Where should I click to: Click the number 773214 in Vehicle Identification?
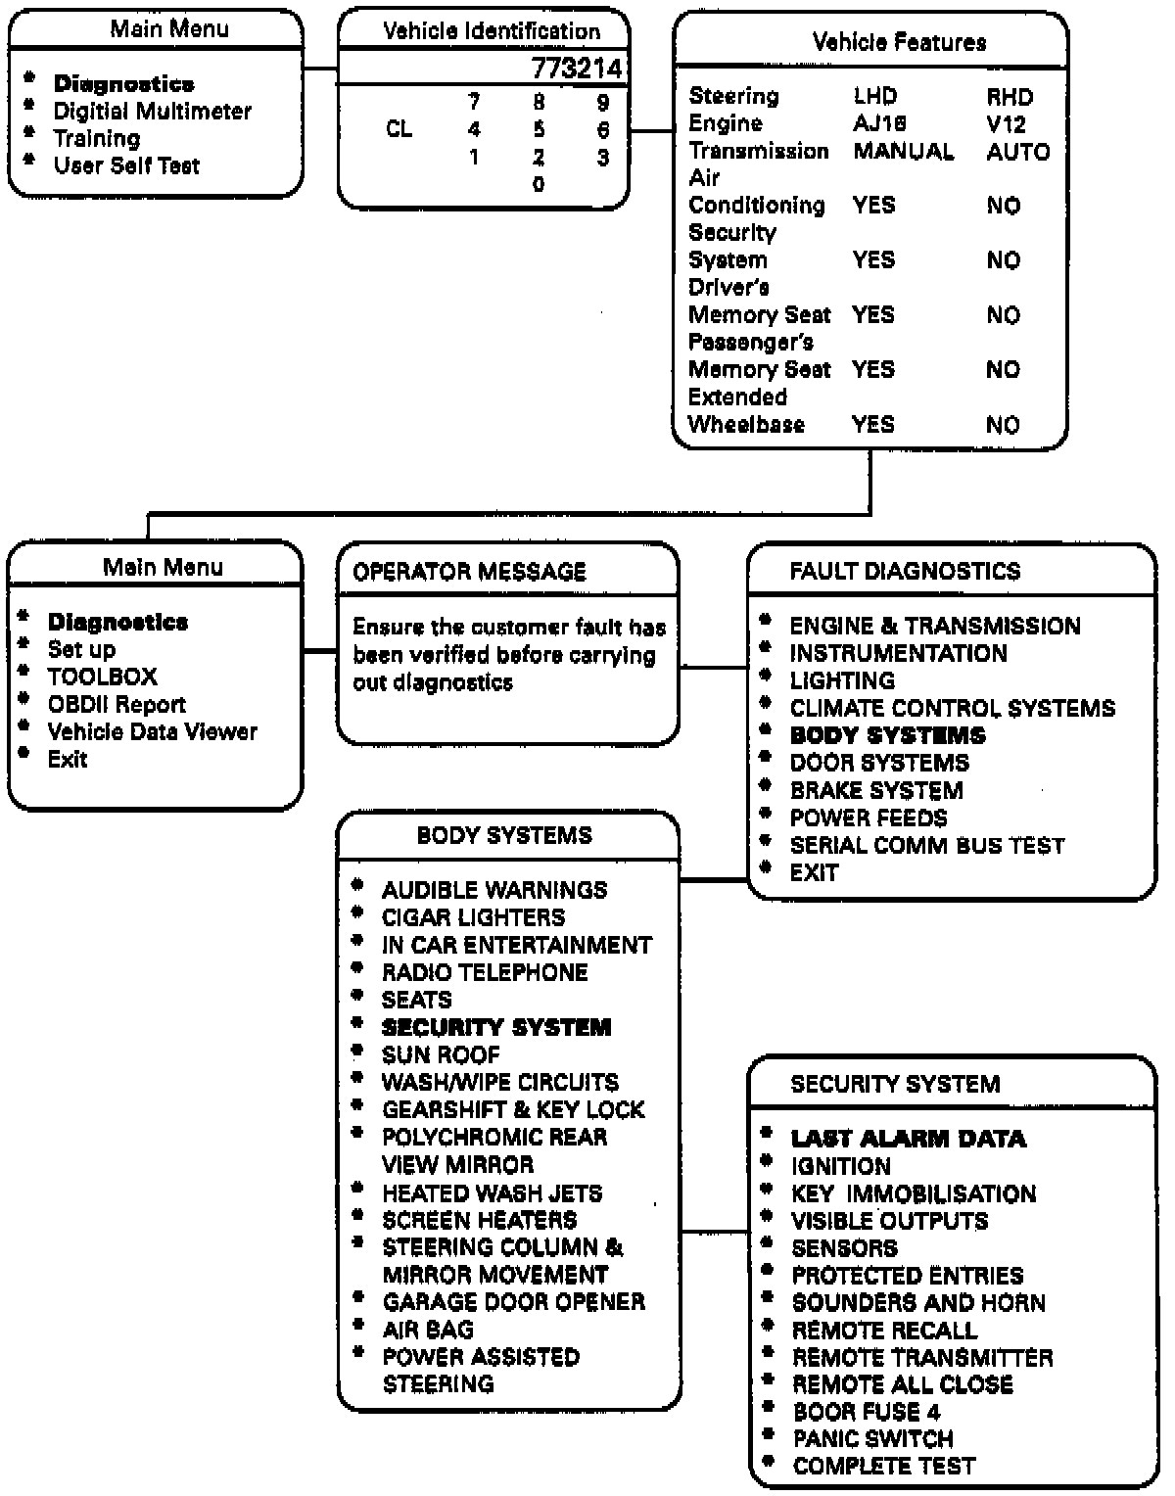coord(576,69)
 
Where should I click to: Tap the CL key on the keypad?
coord(399,129)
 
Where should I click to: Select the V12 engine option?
coord(1006,124)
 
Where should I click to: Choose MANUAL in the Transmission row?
coord(903,152)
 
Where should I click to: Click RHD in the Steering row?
coord(1010,97)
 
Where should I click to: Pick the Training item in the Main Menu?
coord(96,138)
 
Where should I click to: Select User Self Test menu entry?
coord(126,165)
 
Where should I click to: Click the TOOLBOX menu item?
coord(102,677)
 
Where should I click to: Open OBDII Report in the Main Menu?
coord(117,704)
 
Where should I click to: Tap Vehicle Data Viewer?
coord(152,731)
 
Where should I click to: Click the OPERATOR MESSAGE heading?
coord(469,572)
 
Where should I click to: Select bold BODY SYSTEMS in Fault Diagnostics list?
coord(887,735)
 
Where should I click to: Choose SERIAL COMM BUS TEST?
coord(926,845)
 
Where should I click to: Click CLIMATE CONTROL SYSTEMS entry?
coord(952,708)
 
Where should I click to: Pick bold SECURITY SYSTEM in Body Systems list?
coord(495,1027)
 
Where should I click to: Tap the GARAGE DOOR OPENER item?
coord(513,1302)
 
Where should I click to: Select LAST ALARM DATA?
coord(908,1139)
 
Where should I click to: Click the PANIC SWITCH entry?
coord(872,1439)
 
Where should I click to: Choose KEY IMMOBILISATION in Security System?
coord(913,1193)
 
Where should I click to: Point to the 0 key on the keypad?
coord(539,184)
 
